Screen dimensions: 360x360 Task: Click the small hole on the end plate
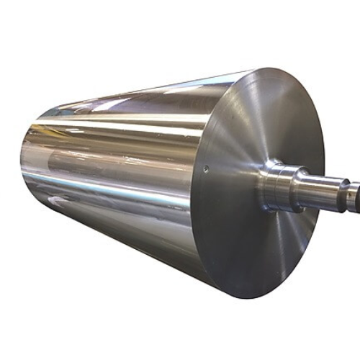click(206, 171)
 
